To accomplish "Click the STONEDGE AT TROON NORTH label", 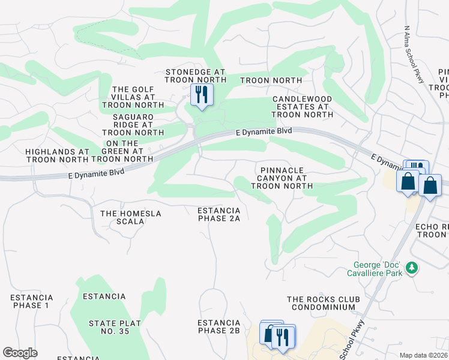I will click(195, 76).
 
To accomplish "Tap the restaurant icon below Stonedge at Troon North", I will click(201, 95).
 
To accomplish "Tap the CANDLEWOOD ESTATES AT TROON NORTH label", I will click(302, 106).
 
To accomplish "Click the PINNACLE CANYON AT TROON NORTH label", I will click(282, 178).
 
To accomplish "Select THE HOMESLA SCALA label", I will click(122, 217).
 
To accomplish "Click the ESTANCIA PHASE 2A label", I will click(219, 214).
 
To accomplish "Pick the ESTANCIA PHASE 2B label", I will click(218, 326).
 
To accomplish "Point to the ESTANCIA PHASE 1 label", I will click(32, 301).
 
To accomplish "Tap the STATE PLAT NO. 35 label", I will click(115, 327).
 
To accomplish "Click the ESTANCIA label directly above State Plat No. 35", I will click(104, 296).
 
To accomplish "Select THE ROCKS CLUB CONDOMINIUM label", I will click(324, 303).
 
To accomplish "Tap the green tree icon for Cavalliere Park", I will click(412, 267).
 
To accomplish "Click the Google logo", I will click(20, 353).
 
